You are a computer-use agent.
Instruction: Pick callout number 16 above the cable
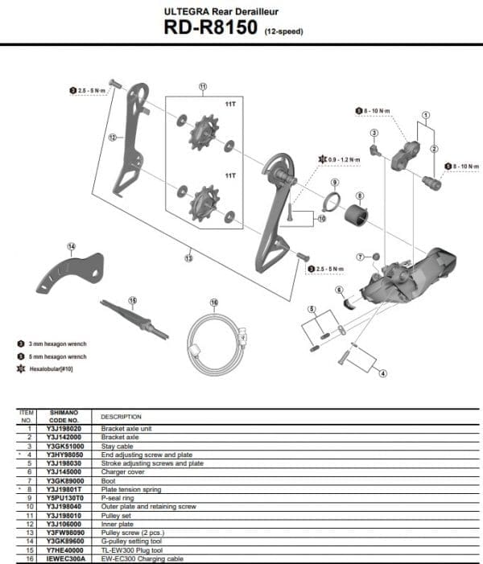[x=214, y=303]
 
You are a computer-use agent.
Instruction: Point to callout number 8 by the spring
[x=359, y=196]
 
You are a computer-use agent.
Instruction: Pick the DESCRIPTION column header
[x=121, y=417]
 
